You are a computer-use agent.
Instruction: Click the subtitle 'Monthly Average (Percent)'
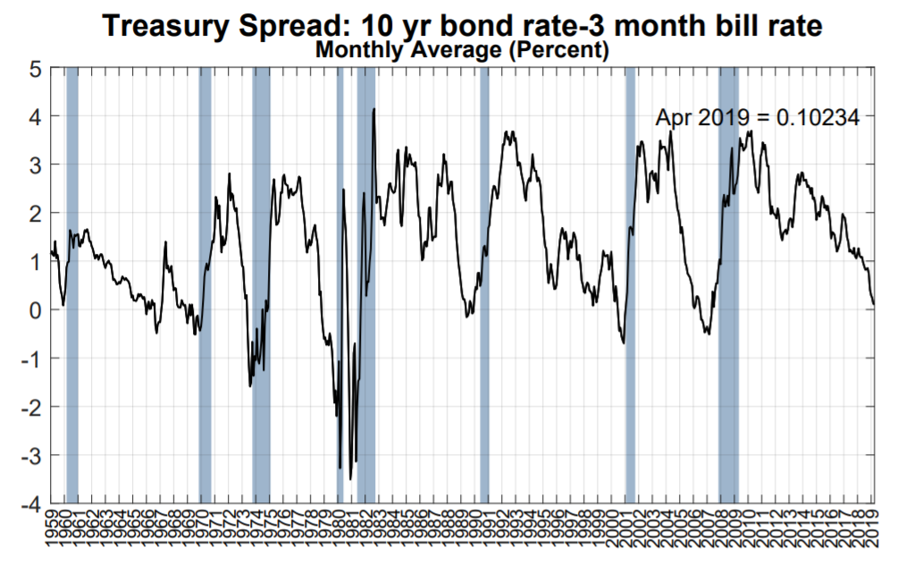(462, 51)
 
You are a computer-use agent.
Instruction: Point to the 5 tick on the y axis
(37, 68)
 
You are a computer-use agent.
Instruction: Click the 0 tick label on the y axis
(37, 310)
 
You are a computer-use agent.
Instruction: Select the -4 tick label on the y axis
(32, 504)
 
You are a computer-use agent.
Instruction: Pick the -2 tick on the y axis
(32, 407)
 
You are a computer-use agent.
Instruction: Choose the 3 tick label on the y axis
(37, 165)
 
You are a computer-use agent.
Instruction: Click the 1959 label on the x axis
(53, 536)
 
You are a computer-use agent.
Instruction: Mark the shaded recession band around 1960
(71, 286)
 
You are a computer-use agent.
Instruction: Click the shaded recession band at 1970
(205, 286)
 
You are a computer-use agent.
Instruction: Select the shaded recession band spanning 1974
(261, 286)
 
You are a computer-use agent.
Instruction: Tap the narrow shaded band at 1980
(340, 286)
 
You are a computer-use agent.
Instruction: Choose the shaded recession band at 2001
(629, 286)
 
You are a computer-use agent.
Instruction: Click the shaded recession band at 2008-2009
(728, 286)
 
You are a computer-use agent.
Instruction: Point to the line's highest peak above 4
(373, 109)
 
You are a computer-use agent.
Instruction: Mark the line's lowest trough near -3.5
(350, 479)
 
